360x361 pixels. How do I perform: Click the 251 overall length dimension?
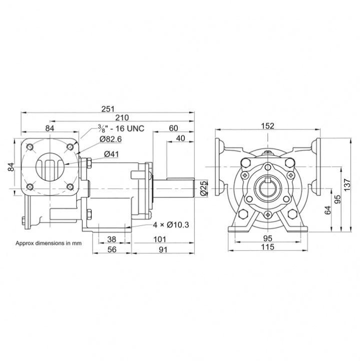pyautogui.click(x=108, y=109)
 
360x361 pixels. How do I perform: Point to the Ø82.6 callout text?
pyautogui.click(x=111, y=139)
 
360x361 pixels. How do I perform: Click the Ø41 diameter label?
pyautogui.click(x=111, y=153)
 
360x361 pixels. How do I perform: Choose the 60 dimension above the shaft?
pyautogui.click(x=173, y=128)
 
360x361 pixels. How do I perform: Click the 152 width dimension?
pyautogui.click(x=268, y=126)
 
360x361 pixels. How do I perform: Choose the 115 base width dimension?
pyautogui.click(x=269, y=249)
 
